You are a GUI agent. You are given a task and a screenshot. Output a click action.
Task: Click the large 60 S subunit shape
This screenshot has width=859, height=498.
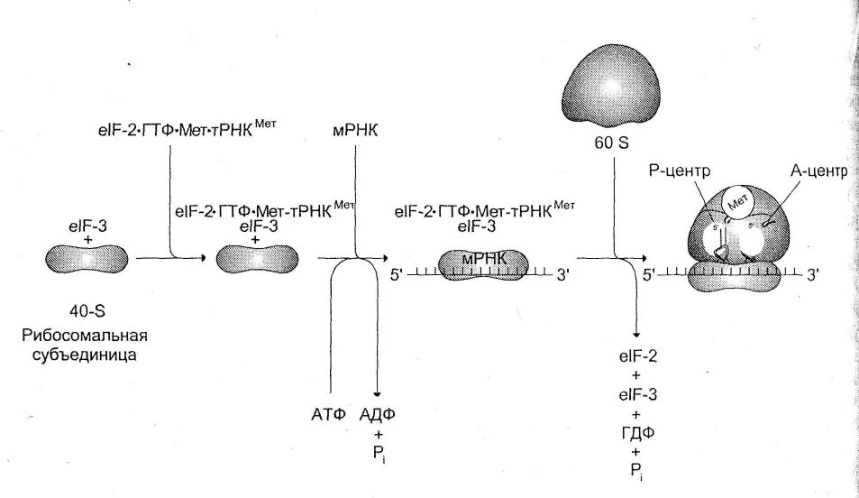(x=606, y=88)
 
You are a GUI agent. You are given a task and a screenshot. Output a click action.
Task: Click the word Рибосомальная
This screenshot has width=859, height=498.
(x=85, y=336)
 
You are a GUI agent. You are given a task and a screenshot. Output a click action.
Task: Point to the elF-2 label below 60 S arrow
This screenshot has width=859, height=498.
(x=637, y=357)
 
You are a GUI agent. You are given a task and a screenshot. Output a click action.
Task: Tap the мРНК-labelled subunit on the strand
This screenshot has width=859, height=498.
(x=482, y=262)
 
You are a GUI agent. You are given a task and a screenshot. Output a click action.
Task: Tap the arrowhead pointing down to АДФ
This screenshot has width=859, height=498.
(x=378, y=395)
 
